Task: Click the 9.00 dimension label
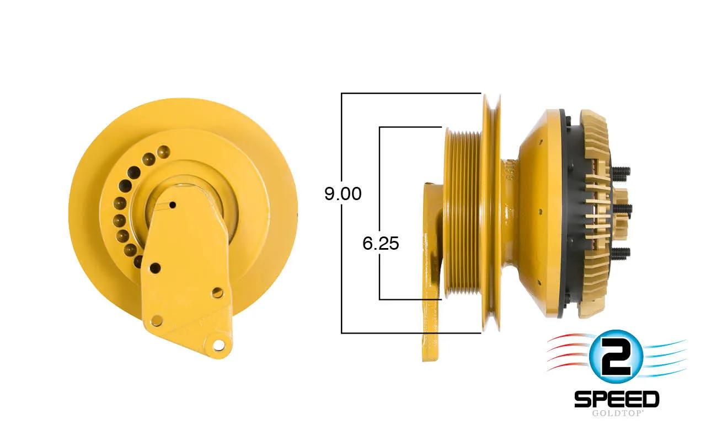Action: (x=343, y=193)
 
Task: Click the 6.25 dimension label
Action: (x=381, y=244)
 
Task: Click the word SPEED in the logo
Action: (x=617, y=400)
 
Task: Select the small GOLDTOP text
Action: (x=617, y=413)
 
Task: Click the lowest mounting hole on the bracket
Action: (x=218, y=345)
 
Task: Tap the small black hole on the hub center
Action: (x=173, y=206)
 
